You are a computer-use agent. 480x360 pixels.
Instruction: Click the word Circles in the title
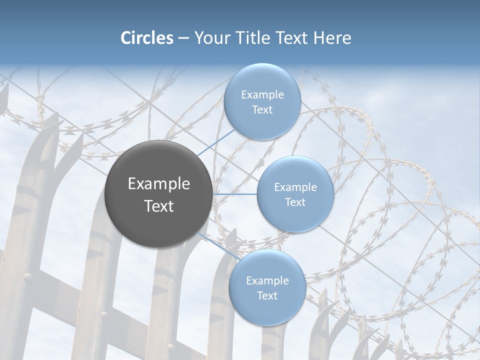tap(146, 38)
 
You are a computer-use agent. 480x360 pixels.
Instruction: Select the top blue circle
tap(262, 102)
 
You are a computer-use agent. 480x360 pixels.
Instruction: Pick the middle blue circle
tap(295, 194)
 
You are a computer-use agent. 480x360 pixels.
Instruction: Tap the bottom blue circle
tap(267, 288)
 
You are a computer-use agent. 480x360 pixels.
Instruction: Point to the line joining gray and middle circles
tap(235, 194)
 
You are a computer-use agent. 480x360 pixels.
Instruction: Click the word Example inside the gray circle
tap(159, 184)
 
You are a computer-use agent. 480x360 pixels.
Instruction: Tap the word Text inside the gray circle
tap(159, 206)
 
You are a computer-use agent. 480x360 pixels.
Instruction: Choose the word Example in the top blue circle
tap(262, 95)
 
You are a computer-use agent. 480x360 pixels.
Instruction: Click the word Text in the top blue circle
tap(262, 110)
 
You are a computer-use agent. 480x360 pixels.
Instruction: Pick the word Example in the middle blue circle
tap(295, 187)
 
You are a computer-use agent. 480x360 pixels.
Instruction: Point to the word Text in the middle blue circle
tap(295, 202)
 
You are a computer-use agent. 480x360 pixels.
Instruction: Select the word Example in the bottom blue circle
tap(267, 281)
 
